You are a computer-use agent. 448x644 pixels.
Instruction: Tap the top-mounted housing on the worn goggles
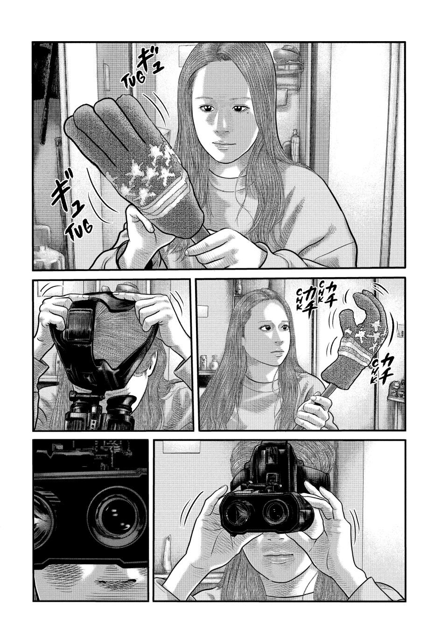[268, 463]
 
